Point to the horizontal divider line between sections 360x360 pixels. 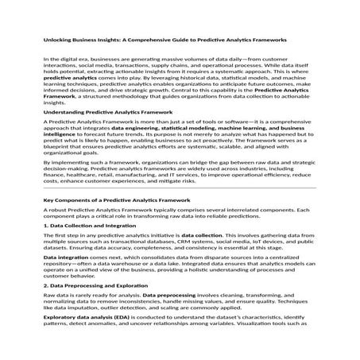pyautogui.click(x=180, y=211)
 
